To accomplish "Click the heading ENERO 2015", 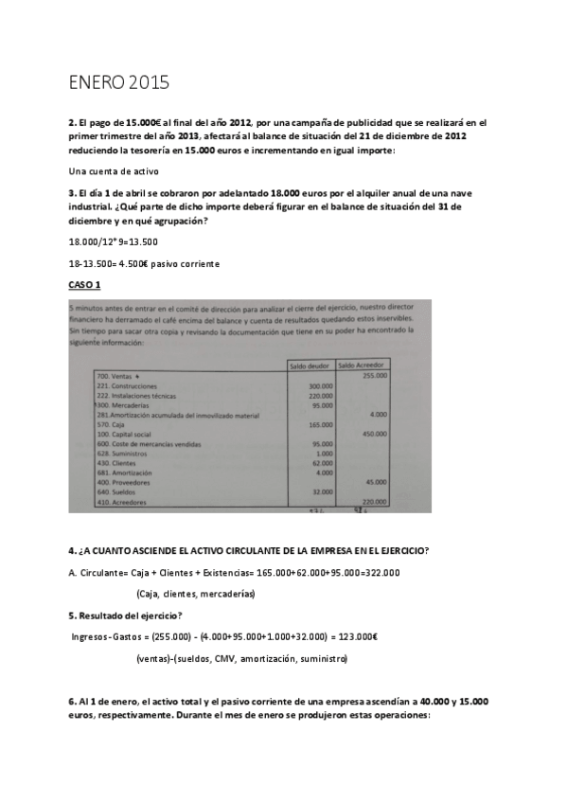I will pos(119,82).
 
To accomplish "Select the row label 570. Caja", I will pos(112,424).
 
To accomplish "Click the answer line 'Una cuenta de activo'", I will pos(114,170).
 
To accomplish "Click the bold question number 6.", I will pos(72,701).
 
